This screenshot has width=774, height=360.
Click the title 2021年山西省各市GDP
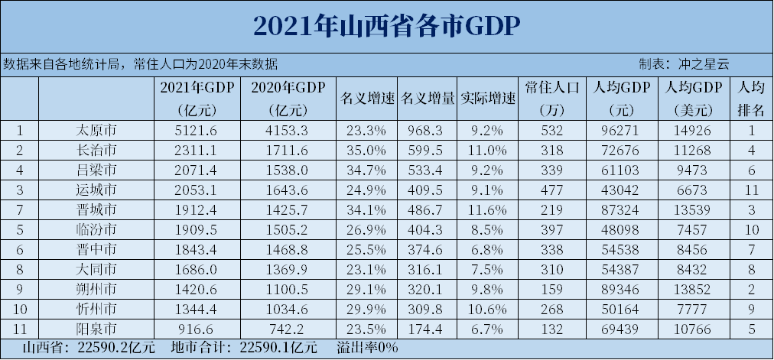click(x=386, y=27)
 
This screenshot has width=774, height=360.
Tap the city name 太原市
click(x=96, y=130)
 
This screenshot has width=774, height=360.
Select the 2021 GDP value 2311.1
click(x=197, y=150)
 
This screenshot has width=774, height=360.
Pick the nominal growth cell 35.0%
click(x=366, y=150)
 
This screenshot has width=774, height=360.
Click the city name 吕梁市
click(x=96, y=169)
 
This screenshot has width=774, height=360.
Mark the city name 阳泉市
click(x=96, y=328)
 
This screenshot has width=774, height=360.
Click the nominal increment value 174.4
click(x=428, y=328)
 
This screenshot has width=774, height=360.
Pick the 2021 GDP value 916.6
click(x=197, y=328)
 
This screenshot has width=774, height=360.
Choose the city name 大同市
click(x=96, y=268)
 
